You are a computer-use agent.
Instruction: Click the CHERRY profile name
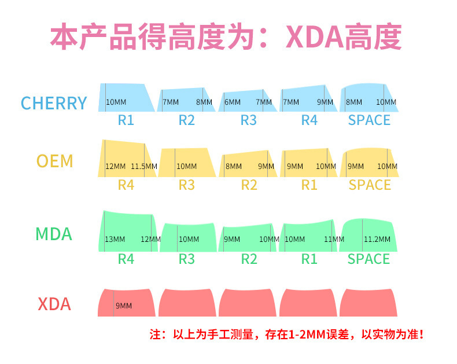tap(54, 103)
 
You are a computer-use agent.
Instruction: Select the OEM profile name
tap(54, 161)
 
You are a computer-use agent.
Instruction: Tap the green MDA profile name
tap(54, 234)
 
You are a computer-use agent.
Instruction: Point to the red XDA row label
tap(54, 304)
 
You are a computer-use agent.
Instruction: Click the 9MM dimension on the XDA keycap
tap(124, 306)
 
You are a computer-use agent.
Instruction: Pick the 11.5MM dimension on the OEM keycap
tap(144, 166)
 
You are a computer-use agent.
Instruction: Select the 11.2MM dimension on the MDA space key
tap(377, 239)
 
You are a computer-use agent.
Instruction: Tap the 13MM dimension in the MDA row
tap(115, 239)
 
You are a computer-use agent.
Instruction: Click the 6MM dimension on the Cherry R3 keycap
tap(233, 102)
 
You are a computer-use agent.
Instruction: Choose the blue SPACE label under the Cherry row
tap(369, 120)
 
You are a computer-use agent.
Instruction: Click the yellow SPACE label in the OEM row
tap(370, 185)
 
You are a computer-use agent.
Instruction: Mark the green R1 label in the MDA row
tap(309, 259)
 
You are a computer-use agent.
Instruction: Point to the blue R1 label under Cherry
tap(126, 120)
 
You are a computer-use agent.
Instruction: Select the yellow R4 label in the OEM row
tap(126, 185)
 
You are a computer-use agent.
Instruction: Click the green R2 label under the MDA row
tap(249, 259)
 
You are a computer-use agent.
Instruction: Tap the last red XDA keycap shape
tap(368, 303)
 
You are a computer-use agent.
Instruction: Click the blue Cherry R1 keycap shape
tap(126, 97)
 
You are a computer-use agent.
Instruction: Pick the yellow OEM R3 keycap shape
tap(187, 163)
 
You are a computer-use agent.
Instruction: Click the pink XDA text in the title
tap(315, 38)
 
